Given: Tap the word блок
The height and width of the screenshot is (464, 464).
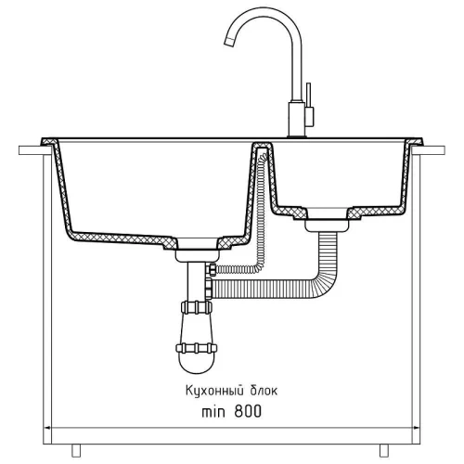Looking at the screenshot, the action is tap(264, 391).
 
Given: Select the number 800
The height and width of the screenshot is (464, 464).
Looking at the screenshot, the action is tap(248, 412).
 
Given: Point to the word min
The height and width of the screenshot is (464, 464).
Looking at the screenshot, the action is tap(213, 412).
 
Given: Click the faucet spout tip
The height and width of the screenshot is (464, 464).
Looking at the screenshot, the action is tap(228, 42).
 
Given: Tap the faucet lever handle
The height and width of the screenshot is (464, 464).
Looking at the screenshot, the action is tap(308, 104).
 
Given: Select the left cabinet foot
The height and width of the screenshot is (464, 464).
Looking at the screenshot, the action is tap(76, 450).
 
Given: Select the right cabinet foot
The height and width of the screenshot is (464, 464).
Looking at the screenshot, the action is tap(384, 450).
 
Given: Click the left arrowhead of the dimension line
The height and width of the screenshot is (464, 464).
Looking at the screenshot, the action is tap(48, 429).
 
